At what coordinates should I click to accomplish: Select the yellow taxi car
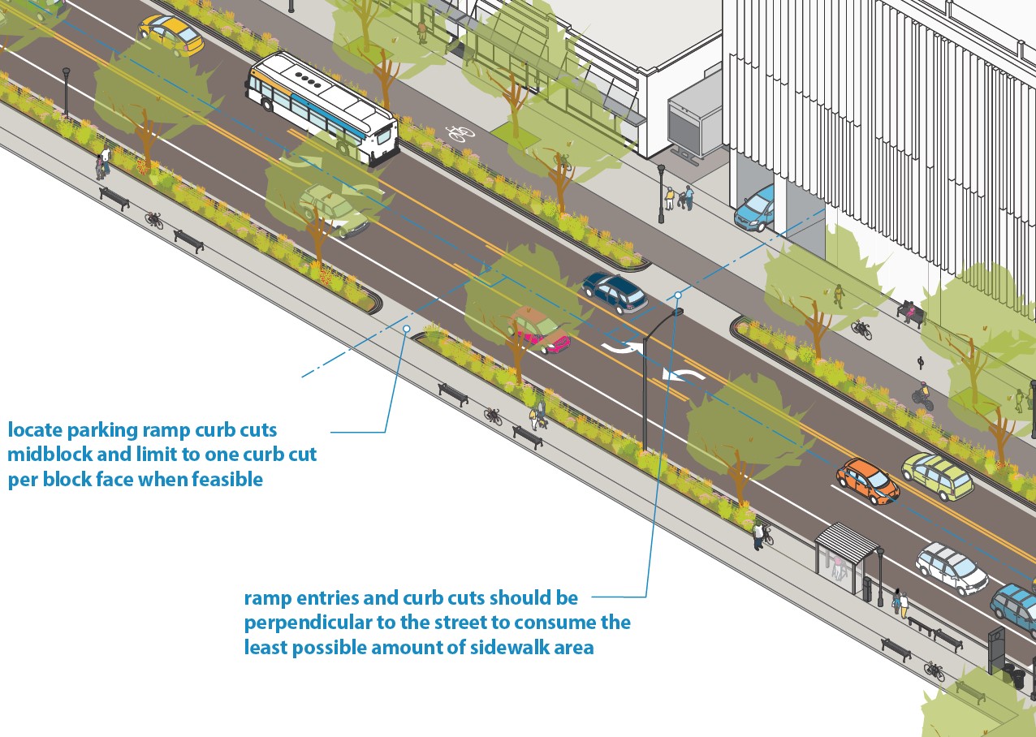(171, 34)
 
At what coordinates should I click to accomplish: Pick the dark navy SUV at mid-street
(615, 292)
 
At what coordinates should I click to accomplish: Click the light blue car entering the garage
(754, 209)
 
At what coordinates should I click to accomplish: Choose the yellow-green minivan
(937, 475)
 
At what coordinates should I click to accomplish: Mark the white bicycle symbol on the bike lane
(460, 131)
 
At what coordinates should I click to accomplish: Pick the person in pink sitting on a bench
(909, 310)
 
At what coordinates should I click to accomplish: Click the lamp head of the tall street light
(677, 312)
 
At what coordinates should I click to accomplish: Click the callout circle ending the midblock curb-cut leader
(407, 329)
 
